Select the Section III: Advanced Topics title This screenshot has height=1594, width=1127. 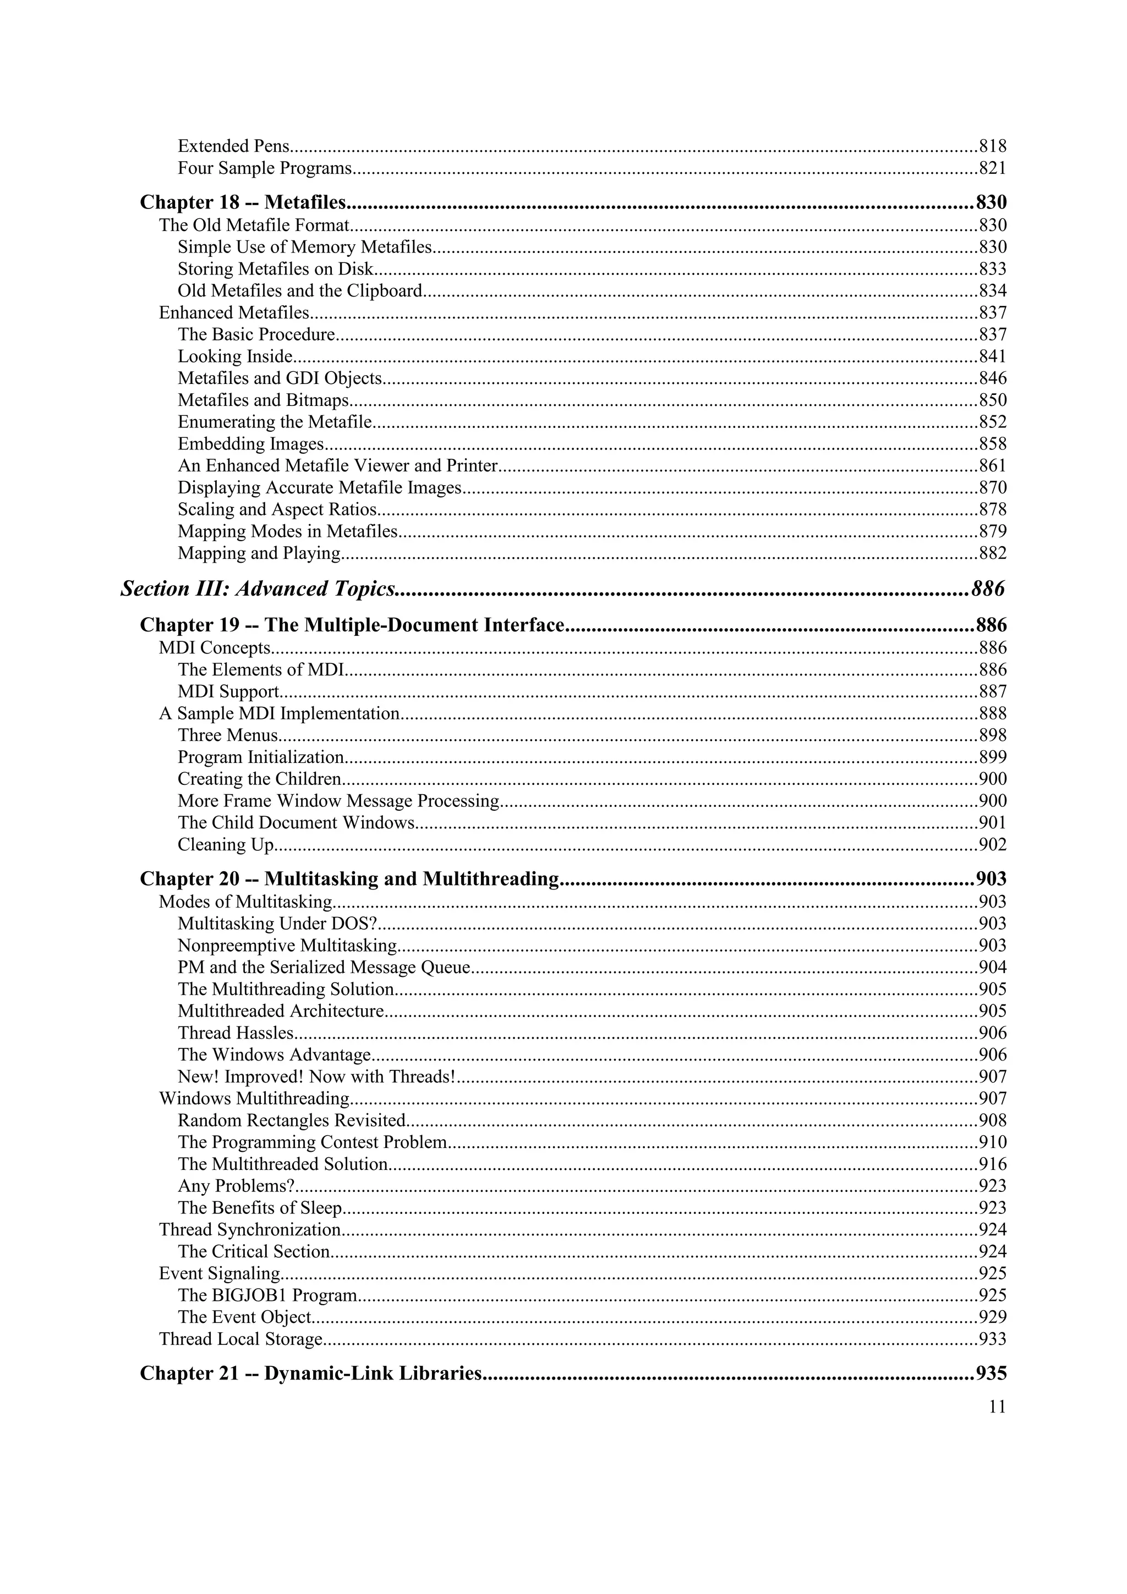258,589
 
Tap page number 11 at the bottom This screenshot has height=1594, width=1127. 997,1406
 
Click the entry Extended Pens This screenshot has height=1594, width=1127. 233,146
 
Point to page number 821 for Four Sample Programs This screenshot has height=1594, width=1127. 992,168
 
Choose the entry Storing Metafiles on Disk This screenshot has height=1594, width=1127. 276,268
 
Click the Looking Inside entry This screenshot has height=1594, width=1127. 236,356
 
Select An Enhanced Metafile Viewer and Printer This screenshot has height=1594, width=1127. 337,465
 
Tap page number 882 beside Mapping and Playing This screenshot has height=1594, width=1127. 992,553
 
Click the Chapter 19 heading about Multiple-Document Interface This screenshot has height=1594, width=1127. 352,625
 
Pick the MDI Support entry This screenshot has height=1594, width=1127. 228,691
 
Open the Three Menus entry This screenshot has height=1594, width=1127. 228,735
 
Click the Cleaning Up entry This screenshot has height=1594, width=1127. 226,844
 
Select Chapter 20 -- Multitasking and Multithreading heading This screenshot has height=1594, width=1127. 349,879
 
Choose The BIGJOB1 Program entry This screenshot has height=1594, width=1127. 267,1295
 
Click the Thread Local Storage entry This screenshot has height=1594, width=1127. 241,1339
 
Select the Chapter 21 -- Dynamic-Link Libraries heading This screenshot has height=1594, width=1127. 310,1373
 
